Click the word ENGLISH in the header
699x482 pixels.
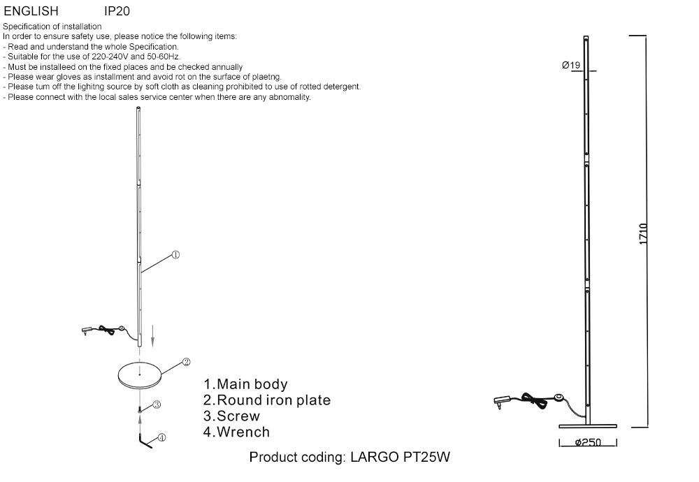[31, 12]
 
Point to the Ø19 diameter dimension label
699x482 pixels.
[571, 66]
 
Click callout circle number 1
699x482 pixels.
[176, 255]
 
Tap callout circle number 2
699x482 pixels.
[186, 362]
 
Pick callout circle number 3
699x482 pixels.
[157, 404]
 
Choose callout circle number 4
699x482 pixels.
[161, 438]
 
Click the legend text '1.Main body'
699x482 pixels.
[245, 384]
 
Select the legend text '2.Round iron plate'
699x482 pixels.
[267, 400]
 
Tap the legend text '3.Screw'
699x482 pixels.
[231, 416]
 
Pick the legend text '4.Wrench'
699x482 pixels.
[236, 432]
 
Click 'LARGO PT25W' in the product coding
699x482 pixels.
[400, 458]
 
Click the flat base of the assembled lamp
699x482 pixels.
[588, 425]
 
